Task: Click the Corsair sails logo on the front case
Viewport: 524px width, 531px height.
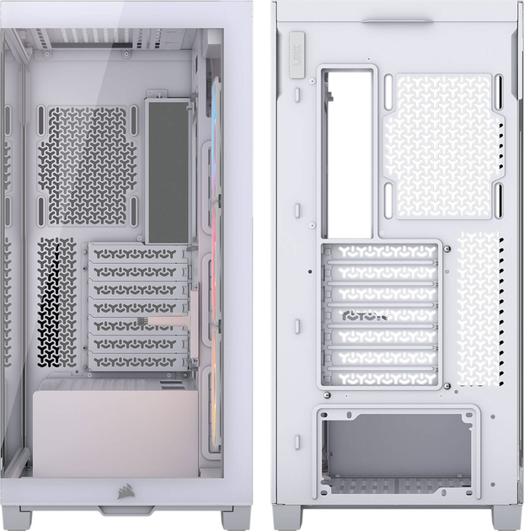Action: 114,489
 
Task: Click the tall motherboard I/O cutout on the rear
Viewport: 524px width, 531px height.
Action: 346,152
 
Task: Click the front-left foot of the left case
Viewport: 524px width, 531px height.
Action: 16,518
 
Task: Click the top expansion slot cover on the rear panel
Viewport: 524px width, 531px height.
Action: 382,251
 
